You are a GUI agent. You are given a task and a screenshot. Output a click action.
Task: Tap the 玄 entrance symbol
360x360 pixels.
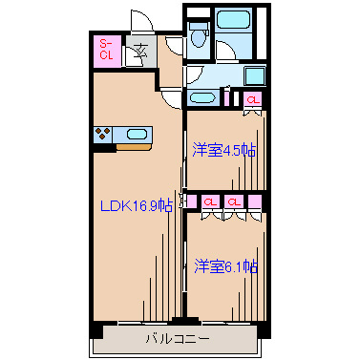(x=139, y=53)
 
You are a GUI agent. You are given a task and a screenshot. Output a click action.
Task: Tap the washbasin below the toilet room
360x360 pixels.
(x=202, y=96)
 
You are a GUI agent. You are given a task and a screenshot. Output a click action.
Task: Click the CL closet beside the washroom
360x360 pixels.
(x=252, y=100)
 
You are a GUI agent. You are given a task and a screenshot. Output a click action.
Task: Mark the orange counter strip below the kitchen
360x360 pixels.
(x=132, y=148)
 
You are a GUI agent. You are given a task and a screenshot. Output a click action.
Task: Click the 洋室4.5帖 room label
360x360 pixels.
(x=223, y=150)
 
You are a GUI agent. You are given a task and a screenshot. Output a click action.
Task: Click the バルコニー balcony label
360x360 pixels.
(x=178, y=337)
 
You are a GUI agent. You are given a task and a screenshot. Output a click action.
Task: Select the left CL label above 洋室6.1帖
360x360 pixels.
(x=209, y=201)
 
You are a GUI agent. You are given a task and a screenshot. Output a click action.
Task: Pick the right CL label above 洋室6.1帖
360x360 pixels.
(x=233, y=201)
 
